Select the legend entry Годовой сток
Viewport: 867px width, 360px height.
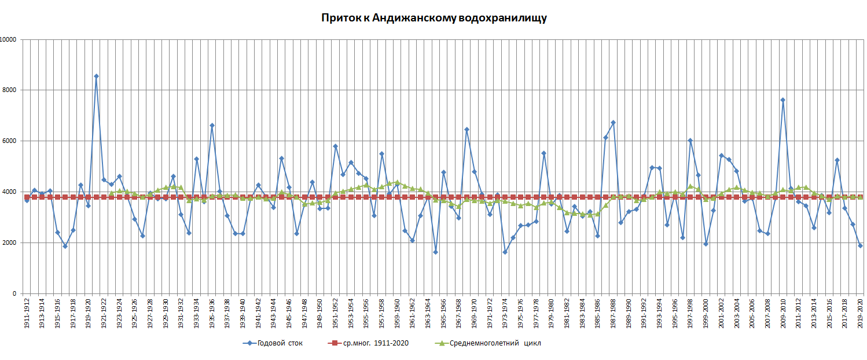[x=280, y=343]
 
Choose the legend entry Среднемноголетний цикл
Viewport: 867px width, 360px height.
[x=495, y=343]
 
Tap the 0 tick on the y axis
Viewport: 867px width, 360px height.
[x=14, y=294]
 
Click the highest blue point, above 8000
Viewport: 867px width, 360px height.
[x=96, y=76]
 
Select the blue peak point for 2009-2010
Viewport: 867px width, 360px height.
[x=782, y=100]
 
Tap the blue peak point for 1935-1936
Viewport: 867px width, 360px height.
[x=212, y=126]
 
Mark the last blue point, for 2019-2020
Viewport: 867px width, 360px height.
[x=860, y=245]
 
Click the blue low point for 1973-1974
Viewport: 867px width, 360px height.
[x=505, y=252]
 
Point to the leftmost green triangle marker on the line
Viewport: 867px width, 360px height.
[x=112, y=193]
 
